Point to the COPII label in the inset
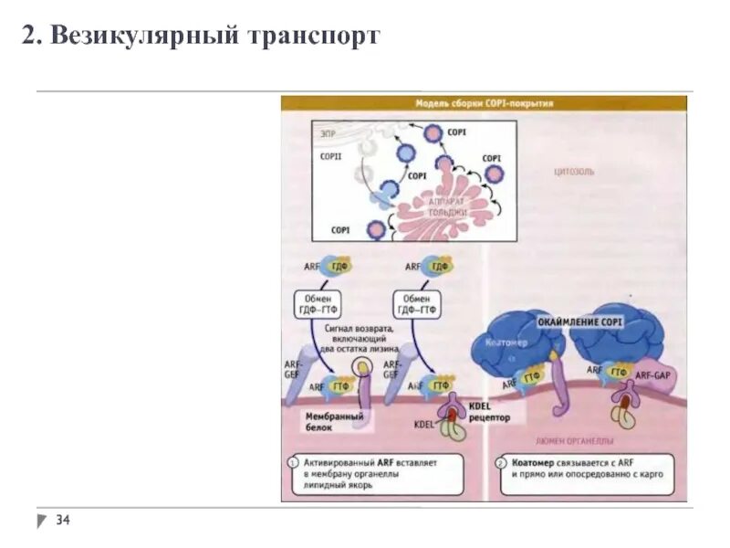[x=330, y=157]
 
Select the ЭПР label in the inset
[x=327, y=134]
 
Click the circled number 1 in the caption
[x=292, y=463]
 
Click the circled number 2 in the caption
[x=502, y=463]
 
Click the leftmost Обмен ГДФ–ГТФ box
[x=318, y=303]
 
